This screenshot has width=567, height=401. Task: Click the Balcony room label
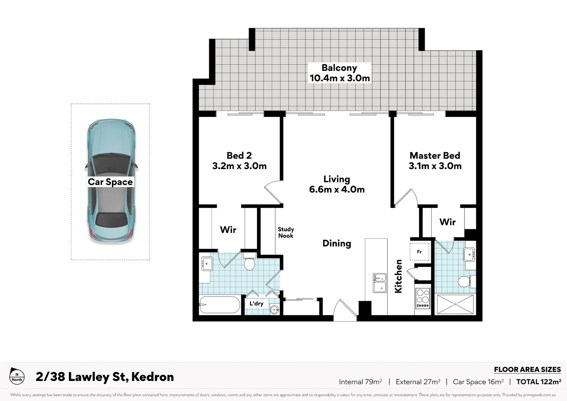pyautogui.click(x=339, y=68)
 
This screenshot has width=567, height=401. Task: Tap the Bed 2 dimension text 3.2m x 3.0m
pyautogui.click(x=239, y=166)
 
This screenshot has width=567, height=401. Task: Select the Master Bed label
pyautogui.click(x=435, y=156)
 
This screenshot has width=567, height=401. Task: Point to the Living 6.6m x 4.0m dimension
pyautogui.click(x=337, y=189)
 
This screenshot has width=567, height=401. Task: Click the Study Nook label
pyautogui.click(x=286, y=232)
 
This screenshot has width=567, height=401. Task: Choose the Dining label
pyautogui.click(x=337, y=243)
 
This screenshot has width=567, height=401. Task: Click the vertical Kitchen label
pyautogui.click(x=398, y=276)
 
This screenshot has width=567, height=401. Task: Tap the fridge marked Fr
pyautogui.click(x=419, y=252)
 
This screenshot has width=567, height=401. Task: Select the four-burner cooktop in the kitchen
pyautogui.click(x=423, y=298)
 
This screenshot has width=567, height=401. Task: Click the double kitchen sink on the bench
pyautogui.click(x=379, y=283)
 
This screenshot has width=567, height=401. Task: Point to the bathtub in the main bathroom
pyautogui.click(x=220, y=305)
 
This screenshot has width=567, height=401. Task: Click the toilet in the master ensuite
pyautogui.click(x=465, y=281)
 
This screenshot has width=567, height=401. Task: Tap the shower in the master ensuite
pyautogui.click(x=455, y=304)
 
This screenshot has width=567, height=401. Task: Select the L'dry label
pyautogui.click(x=256, y=304)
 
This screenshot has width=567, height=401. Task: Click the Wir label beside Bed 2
pyautogui.click(x=228, y=230)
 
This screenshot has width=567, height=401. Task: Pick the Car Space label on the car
pyautogui.click(x=110, y=182)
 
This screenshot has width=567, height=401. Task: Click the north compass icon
pyautogui.click(x=17, y=376)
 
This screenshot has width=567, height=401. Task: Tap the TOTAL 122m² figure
pyautogui.click(x=538, y=382)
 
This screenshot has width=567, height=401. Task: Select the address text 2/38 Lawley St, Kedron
pyautogui.click(x=105, y=377)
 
